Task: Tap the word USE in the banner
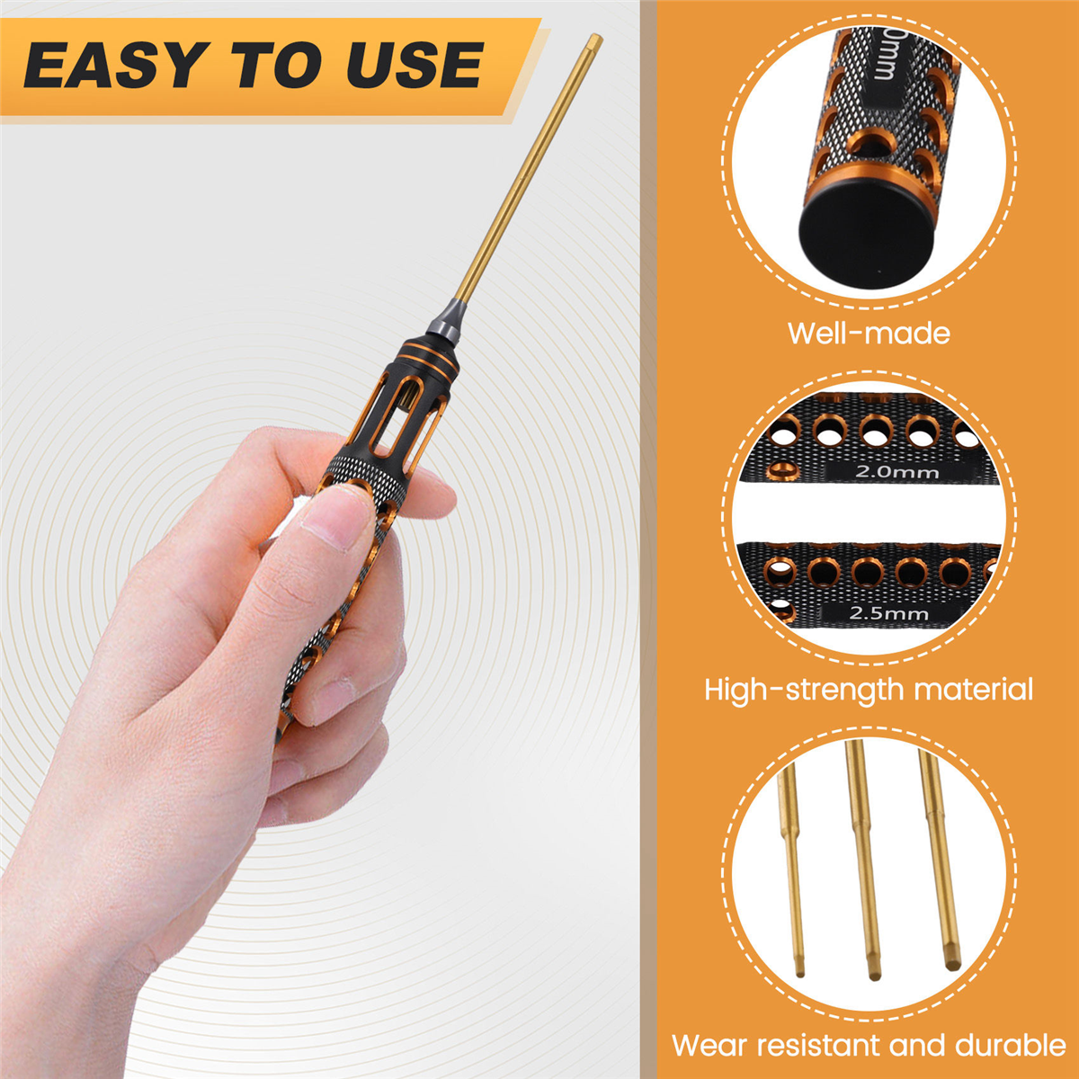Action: (x=415, y=66)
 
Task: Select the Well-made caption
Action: (x=869, y=334)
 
